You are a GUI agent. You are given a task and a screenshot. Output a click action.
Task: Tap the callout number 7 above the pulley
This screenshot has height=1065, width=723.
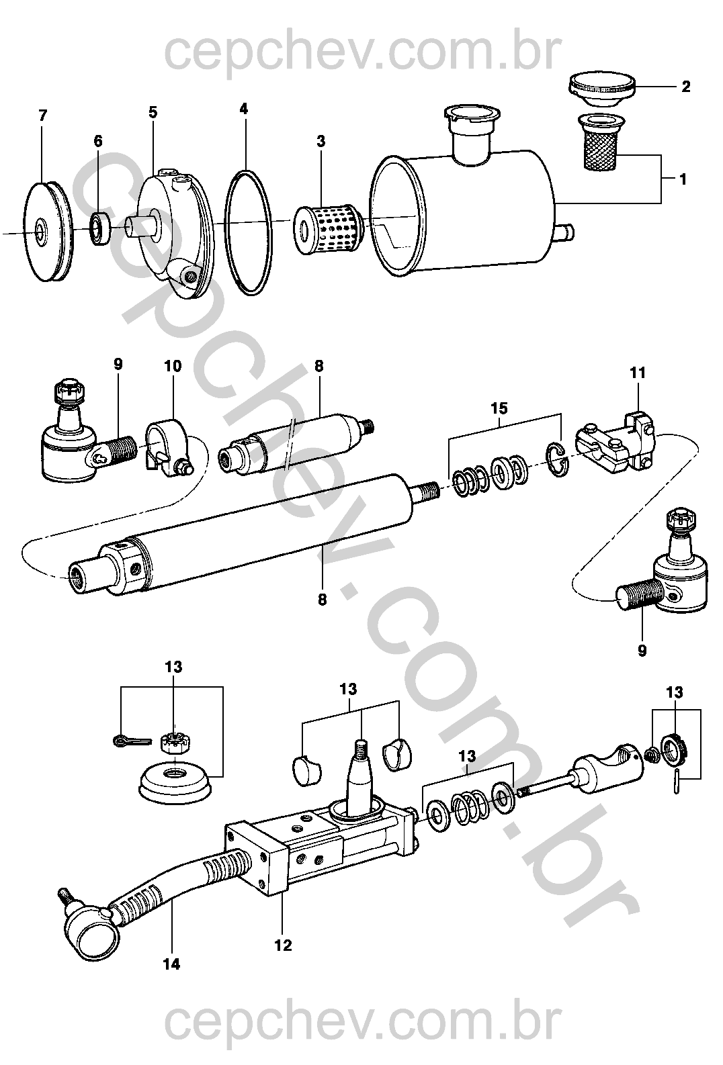pos(43,116)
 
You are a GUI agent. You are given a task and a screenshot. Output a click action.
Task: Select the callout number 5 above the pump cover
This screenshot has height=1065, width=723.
pos(153,112)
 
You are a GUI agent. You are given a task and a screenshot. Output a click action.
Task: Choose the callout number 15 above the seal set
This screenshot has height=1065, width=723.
pos(499,408)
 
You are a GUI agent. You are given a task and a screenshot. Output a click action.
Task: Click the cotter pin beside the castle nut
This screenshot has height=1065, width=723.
pos(126,741)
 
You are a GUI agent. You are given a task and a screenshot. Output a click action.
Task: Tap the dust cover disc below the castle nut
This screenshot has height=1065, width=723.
pos(175,782)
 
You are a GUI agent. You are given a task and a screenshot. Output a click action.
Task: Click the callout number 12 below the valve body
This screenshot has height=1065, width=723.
pos(284,945)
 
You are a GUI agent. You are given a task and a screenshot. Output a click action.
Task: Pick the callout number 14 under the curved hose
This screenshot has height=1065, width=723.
pos(171,964)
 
